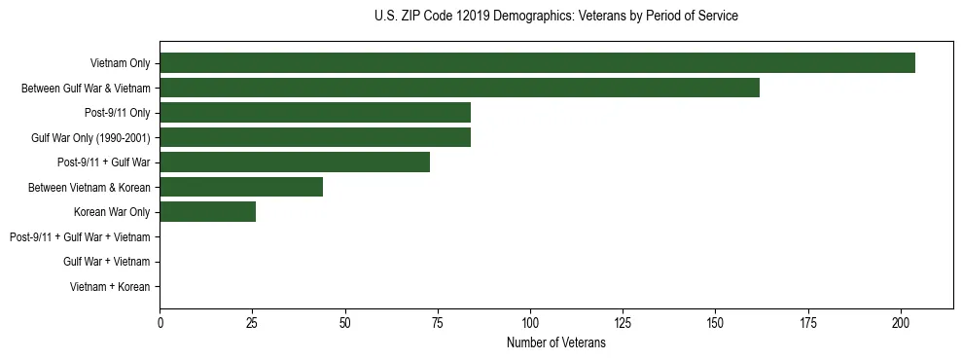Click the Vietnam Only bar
point(537,63)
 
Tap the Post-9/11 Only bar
point(315,113)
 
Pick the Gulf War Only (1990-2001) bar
point(315,137)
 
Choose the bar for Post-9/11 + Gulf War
point(295,162)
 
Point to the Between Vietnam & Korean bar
point(241,187)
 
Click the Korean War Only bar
point(208,212)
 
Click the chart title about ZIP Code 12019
point(555,17)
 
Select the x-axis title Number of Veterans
point(555,342)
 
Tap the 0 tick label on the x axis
point(160,321)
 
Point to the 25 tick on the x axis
point(253,321)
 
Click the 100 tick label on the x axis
point(530,321)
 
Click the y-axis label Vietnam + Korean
point(110,287)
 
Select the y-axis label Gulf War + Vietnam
point(106,262)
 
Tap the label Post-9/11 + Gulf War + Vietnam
point(80,236)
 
